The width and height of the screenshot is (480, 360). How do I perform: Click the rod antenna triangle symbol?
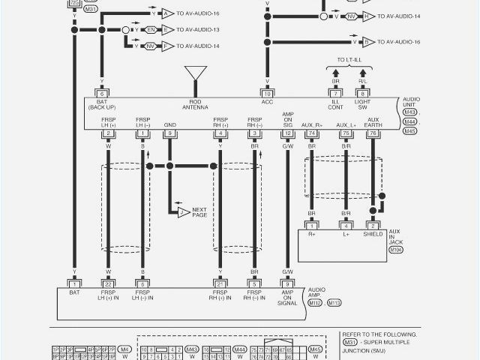tap(196, 73)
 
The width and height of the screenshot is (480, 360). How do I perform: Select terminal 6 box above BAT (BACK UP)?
tap(101, 93)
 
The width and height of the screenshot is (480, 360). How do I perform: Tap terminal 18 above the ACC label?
tap(266, 93)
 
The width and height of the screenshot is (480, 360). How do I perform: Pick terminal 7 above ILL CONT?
tap(335, 93)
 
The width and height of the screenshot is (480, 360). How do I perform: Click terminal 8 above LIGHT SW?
tap(362, 93)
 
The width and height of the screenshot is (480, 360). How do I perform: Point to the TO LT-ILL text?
tap(349, 59)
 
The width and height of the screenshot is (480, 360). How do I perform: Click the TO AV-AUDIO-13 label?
tap(197, 30)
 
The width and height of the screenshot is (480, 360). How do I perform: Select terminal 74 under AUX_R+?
tap(311, 133)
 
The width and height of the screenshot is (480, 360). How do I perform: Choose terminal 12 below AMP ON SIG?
tap(287, 133)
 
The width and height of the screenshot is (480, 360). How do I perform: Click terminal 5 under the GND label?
tap(170, 133)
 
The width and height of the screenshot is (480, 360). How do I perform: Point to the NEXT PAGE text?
tap(199, 212)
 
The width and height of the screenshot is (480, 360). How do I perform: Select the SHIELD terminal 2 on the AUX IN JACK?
tap(372, 225)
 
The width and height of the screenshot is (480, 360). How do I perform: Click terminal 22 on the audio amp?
tap(109, 283)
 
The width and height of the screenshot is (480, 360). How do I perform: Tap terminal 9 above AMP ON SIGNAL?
tap(287, 283)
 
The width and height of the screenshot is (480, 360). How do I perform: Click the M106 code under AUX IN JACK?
tap(395, 248)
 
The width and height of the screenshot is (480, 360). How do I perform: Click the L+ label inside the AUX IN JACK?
tap(345, 234)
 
